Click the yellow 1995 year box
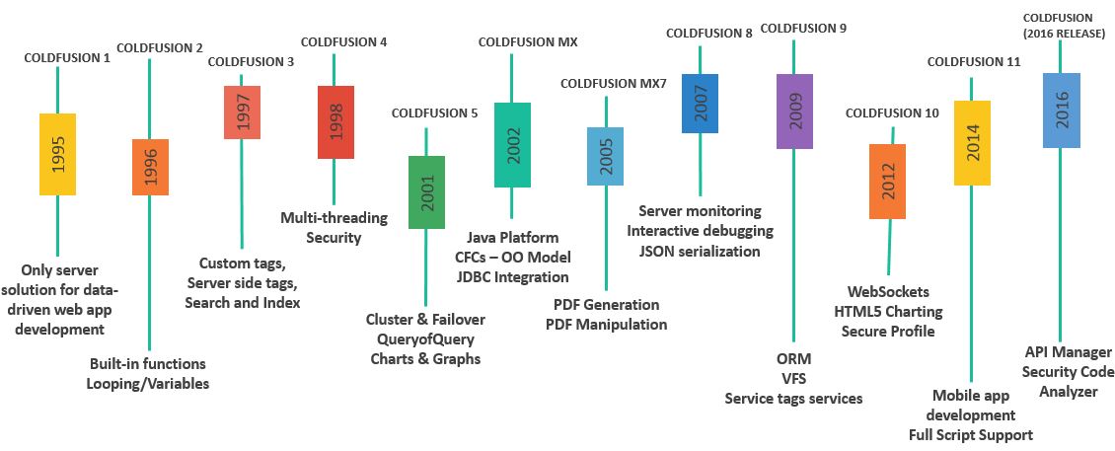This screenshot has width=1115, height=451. [x=57, y=154]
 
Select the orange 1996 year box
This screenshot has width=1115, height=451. [x=150, y=167]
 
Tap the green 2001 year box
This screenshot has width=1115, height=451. [x=426, y=191]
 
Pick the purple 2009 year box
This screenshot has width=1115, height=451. [x=794, y=111]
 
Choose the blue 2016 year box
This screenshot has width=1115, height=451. [x=1061, y=110]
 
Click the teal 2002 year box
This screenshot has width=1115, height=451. [x=512, y=144]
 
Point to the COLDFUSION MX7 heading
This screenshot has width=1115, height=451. [x=614, y=83]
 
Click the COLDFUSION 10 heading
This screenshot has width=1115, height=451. [x=892, y=113]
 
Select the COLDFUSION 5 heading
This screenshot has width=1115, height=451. [x=434, y=113]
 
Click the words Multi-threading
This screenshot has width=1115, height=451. [x=334, y=217]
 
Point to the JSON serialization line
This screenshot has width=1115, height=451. [x=700, y=251]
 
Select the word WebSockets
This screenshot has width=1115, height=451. [x=888, y=291]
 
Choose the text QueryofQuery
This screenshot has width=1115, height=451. [x=425, y=338]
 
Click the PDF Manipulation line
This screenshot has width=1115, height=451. [x=606, y=324]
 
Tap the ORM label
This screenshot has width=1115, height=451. [x=793, y=358]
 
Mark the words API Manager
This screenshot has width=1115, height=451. [x=1067, y=351]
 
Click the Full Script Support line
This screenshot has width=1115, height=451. [x=970, y=434]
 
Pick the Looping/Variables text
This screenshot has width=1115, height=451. [x=149, y=383]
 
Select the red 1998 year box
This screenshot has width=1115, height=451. [x=334, y=122]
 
